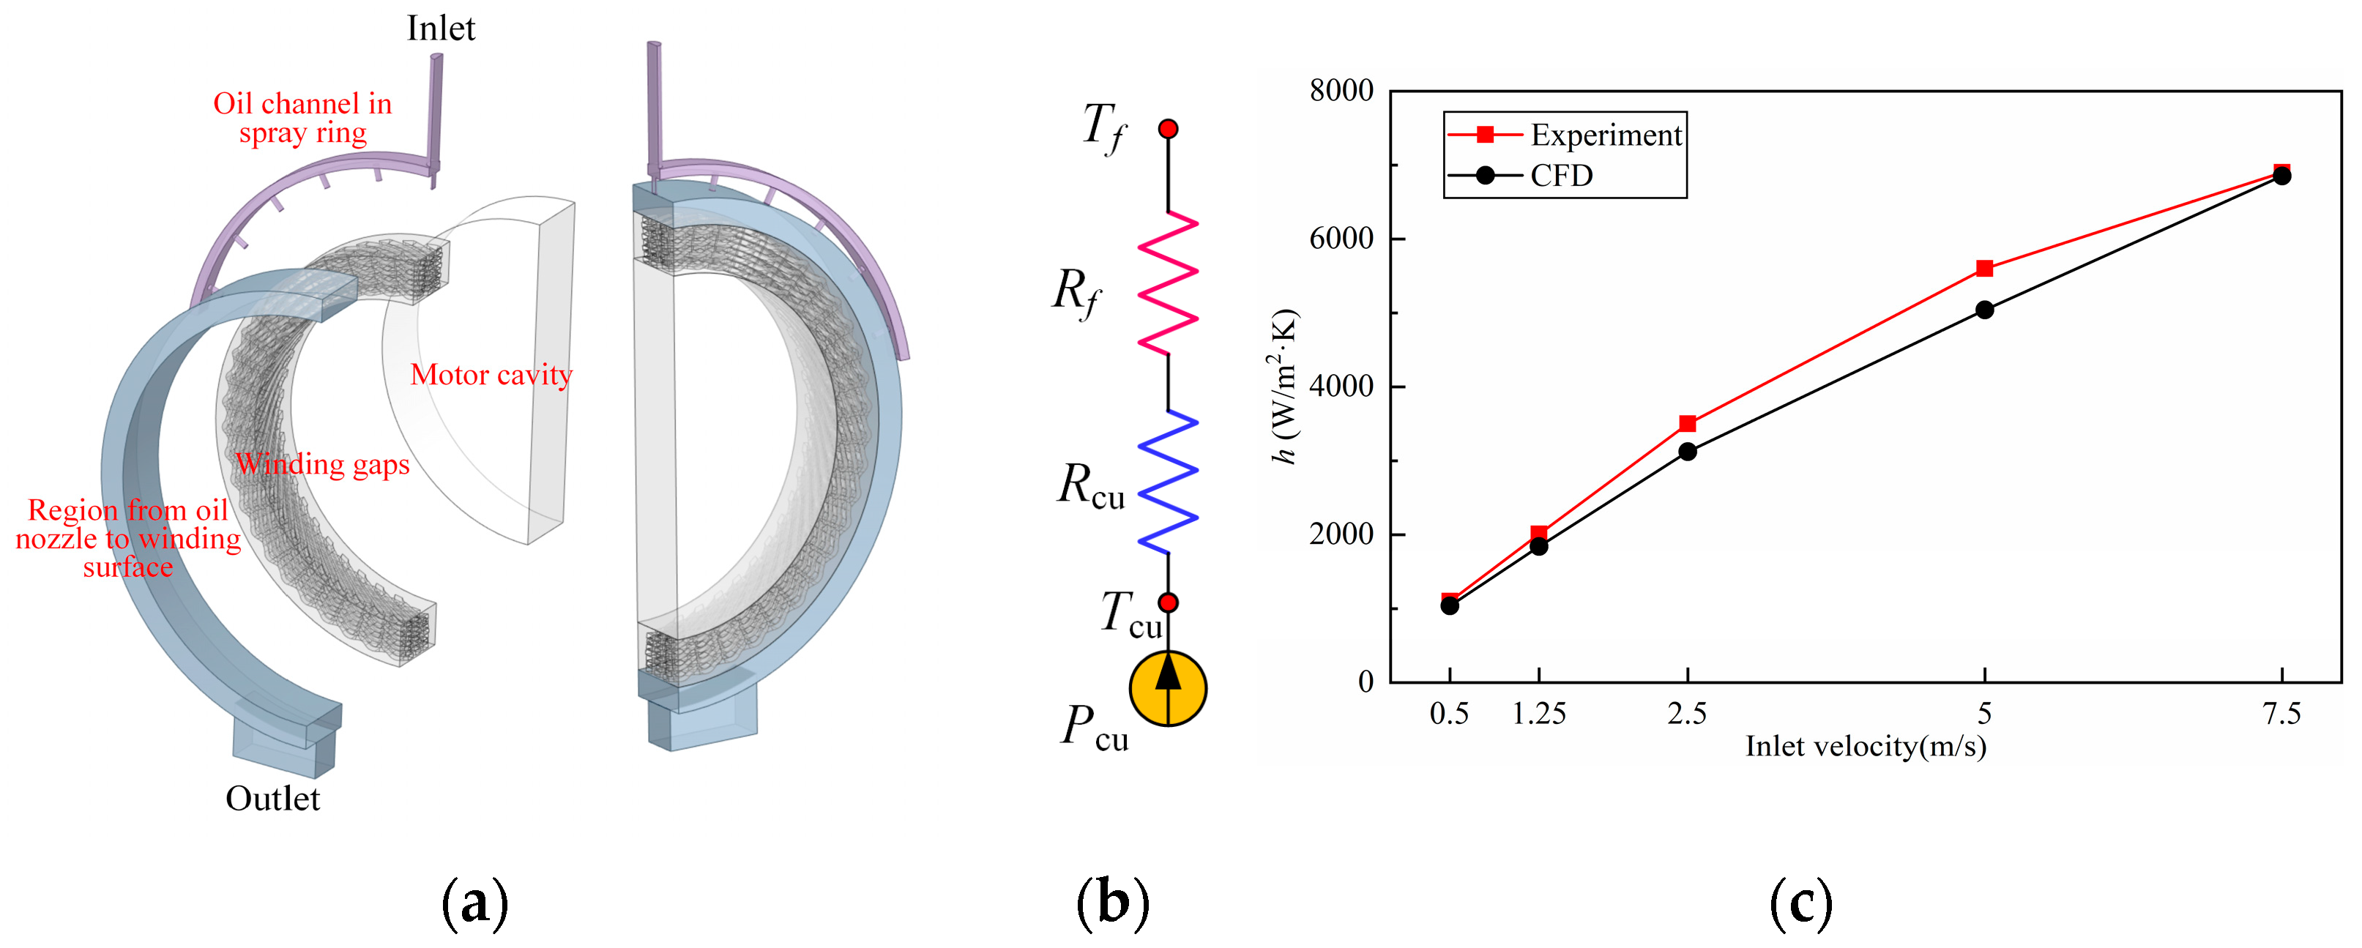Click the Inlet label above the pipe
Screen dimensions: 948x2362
click(x=441, y=29)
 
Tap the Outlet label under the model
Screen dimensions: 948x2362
click(x=272, y=799)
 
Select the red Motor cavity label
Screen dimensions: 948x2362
click(x=491, y=374)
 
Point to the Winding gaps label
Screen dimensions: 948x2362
click(x=323, y=464)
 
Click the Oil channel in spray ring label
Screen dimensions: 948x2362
click(x=302, y=117)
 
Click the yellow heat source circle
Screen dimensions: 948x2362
click(x=1167, y=689)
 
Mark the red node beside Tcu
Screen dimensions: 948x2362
click(x=1167, y=602)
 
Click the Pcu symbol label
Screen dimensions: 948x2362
click(x=1095, y=729)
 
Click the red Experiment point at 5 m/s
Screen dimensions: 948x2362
click(x=1984, y=269)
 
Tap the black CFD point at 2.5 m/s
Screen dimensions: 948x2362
click(x=1687, y=452)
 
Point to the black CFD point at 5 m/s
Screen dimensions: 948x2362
click(x=1984, y=310)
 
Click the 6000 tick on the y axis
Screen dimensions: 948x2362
click(x=1341, y=239)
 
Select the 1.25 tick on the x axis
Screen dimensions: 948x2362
click(x=1538, y=713)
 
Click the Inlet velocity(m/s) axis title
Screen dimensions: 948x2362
click(x=1865, y=746)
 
